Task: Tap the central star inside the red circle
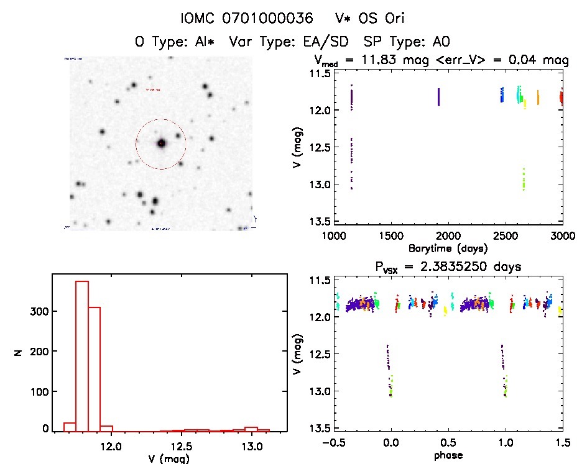tap(162, 143)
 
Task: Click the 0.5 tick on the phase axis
tap(448, 445)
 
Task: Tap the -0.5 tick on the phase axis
tap(332, 445)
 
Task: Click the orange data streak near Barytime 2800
tap(538, 98)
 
